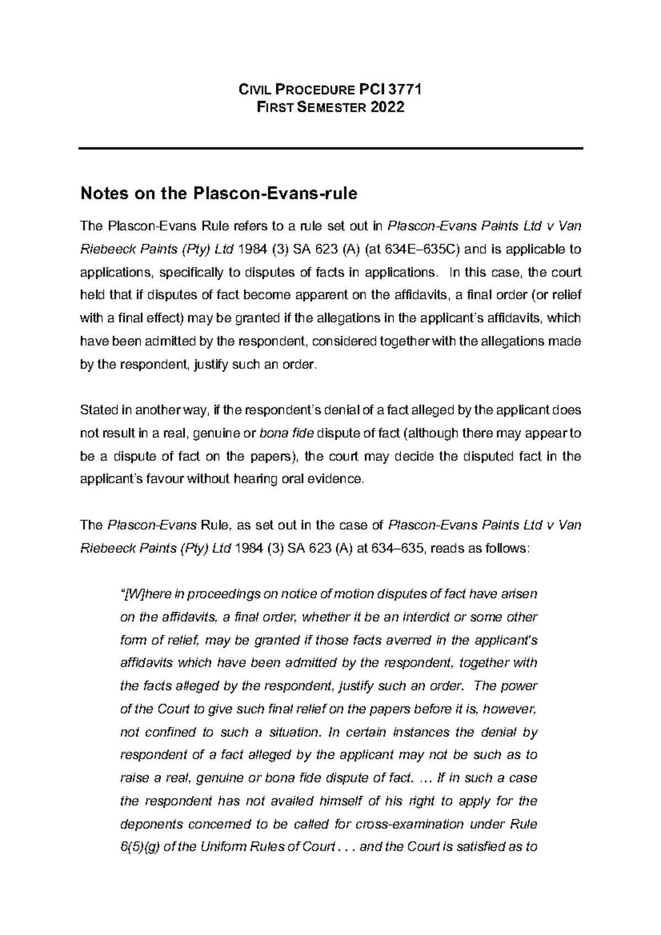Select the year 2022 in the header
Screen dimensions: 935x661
[387, 107]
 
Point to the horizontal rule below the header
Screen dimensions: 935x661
[330, 149]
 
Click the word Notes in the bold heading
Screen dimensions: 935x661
[100, 194]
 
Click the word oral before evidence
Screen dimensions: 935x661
[294, 479]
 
